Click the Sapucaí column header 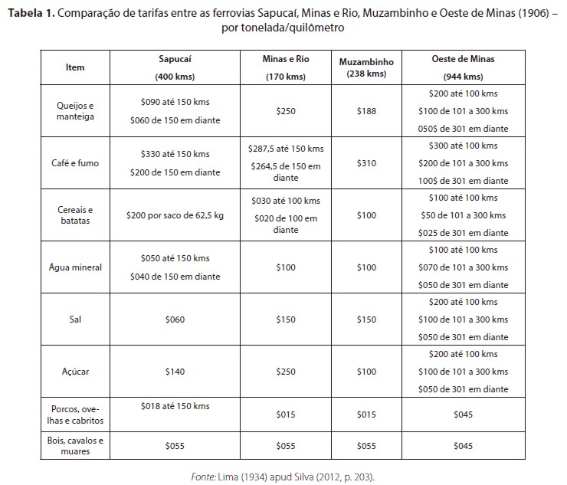point(175,59)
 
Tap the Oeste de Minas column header point(463,59)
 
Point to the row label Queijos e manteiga point(75,112)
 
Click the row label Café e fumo point(75,162)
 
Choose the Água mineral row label point(75,267)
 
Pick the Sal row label point(75,320)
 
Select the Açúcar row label point(75,372)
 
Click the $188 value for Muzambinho point(367,111)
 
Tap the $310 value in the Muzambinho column point(367,163)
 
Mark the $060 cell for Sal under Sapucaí point(175,320)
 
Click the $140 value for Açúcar point(175,372)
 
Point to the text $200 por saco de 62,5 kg point(175,215)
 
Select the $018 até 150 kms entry point(175,406)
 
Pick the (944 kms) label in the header point(463,77)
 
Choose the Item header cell point(75,67)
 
